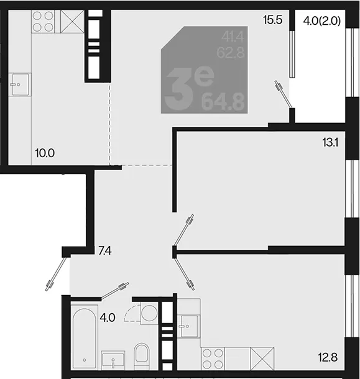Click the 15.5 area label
(273, 20)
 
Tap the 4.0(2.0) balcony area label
(322, 21)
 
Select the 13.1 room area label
(330, 143)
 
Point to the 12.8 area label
(328, 357)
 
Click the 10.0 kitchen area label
(45, 153)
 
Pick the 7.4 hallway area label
(105, 251)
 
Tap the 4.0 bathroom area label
(108, 317)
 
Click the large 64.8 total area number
(223, 103)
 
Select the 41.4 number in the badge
(233, 37)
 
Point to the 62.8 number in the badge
(231, 53)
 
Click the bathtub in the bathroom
(84, 337)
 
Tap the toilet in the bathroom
(142, 356)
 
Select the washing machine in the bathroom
(149, 313)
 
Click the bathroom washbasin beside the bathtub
(113, 360)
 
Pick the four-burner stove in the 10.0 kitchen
(43, 22)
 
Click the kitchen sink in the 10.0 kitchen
(20, 84)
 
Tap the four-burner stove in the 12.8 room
(213, 358)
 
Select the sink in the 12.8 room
(188, 326)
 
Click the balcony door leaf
(284, 94)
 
